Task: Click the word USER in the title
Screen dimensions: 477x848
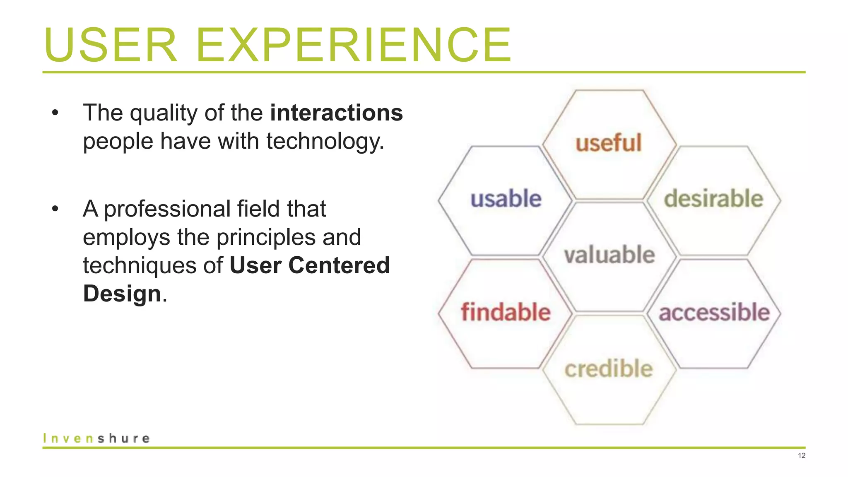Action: tap(111, 45)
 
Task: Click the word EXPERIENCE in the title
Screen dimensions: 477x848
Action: tap(354, 45)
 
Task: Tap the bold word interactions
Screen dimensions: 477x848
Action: tap(336, 113)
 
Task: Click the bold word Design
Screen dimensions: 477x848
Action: tap(122, 294)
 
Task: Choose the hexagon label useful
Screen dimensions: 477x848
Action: tap(609, 143)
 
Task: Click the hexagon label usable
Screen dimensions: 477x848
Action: tap(506, 199)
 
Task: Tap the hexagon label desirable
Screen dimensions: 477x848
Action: tap(714, 199)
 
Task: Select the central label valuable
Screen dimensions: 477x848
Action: tap(609, 255)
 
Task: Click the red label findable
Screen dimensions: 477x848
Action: tap(506, 312)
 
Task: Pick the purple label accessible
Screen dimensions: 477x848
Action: tap(714, 312)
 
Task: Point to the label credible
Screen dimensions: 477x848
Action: tap(609, 369)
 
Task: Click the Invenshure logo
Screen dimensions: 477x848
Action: tap(96, 438)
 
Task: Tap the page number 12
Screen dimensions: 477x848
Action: tap(802, 456)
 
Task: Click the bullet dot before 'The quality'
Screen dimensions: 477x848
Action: tap(55, 113)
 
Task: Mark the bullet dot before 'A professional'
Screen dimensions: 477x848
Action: tap(55, 209)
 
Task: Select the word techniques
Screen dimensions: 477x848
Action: tap(139, 265)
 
